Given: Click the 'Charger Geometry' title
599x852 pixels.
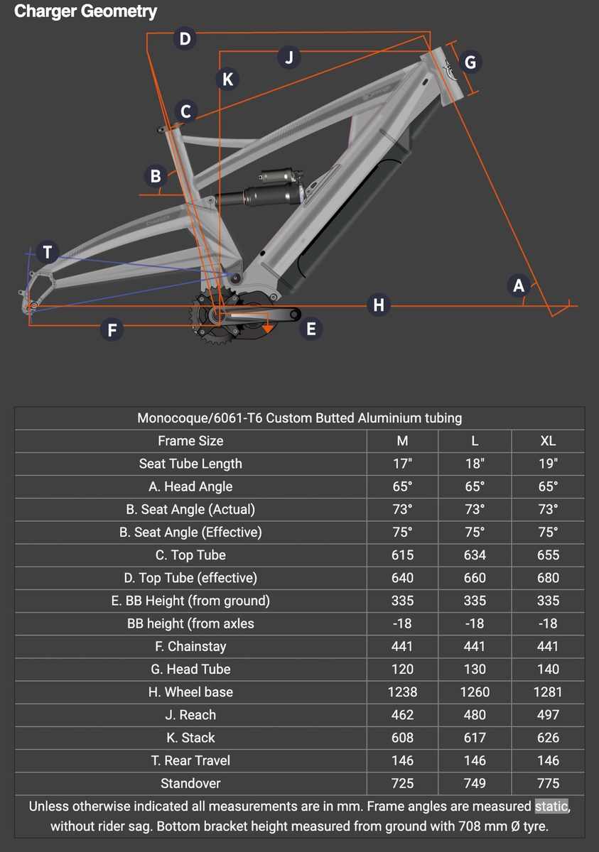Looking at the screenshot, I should [85, 11].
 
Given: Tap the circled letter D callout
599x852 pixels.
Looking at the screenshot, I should [185, 38].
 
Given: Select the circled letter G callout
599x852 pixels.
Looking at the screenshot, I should [470, 62].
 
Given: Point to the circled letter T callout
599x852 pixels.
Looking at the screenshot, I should [47, 251].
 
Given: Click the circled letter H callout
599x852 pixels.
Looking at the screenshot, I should [378, 305].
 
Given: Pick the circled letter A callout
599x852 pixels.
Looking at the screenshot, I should [518, 285].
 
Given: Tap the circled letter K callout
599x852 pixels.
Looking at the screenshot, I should [227, 79].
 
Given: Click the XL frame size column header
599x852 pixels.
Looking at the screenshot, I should [548, 441].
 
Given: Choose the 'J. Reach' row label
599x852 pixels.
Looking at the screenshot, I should [190, 715].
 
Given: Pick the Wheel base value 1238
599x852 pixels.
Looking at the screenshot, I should [402, 692].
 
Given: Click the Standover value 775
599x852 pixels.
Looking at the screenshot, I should [548, 784].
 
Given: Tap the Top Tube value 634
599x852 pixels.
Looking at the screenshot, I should [475, 555].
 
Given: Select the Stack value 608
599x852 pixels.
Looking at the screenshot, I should [402, 738].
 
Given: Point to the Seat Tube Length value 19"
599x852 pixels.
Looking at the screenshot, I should [548, 464].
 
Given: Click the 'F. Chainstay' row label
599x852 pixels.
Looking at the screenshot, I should [190, 647].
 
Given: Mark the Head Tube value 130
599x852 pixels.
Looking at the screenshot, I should [475, 670].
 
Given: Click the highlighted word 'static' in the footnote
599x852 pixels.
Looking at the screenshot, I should [551, 807].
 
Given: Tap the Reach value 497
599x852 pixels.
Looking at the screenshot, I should [548, 715].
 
